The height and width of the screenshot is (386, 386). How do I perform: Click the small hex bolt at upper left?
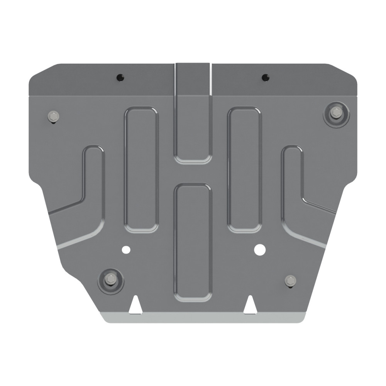pyautogui.click(x=53, y=116)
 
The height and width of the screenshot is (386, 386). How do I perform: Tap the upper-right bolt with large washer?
pyautogui.click(x=336, y=113)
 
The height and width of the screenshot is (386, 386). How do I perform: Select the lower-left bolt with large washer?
pyautogui.click(x=111, y=279)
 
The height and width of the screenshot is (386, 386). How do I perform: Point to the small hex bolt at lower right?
pyautogui.click(x=290, y=280)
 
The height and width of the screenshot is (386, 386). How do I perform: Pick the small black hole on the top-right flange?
pyautogui.click(x=265, y=77)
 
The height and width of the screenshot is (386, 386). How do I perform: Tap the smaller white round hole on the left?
pyautogui.click(x=126, y=250)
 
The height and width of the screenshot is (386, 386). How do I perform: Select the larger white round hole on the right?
pyautogui.click(x=260, y=249)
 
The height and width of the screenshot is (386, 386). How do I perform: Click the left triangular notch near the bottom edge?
pyautogui.click(x=135, y=305)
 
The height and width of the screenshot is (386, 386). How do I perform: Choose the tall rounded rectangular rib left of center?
pyautogui.click(x=141, y=170)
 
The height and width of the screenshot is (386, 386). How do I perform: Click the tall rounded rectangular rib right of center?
pyautogui.click(x=244, y=170)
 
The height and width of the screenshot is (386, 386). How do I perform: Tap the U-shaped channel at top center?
pyautogui.click(x=193, y=116)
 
